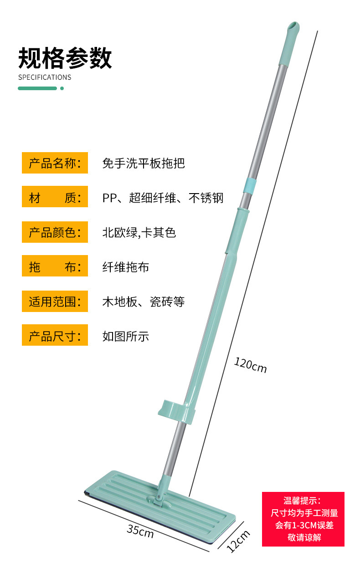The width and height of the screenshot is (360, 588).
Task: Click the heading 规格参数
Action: (65, 58)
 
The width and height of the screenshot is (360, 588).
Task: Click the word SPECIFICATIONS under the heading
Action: (45, 77)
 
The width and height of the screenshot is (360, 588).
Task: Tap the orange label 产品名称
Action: (55, 163)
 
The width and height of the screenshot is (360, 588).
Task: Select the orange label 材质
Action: (55, 198)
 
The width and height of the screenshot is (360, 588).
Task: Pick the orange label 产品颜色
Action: (55, 232)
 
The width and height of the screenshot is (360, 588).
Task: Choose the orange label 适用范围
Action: (55, 302)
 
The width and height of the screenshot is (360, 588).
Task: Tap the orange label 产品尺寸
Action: (55, 336)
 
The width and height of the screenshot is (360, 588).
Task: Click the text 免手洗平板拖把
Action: (144, 163)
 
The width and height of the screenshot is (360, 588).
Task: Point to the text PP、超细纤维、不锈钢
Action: (163, 198)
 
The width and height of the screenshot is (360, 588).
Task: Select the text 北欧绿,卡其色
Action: (139, 232)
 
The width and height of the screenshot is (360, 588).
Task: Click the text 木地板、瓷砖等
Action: (144, 302)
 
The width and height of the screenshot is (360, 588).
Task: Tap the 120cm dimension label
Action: (250, 365)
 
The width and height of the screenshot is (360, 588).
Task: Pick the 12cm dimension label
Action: (238, 541)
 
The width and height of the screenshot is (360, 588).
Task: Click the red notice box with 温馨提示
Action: (303, 519)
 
